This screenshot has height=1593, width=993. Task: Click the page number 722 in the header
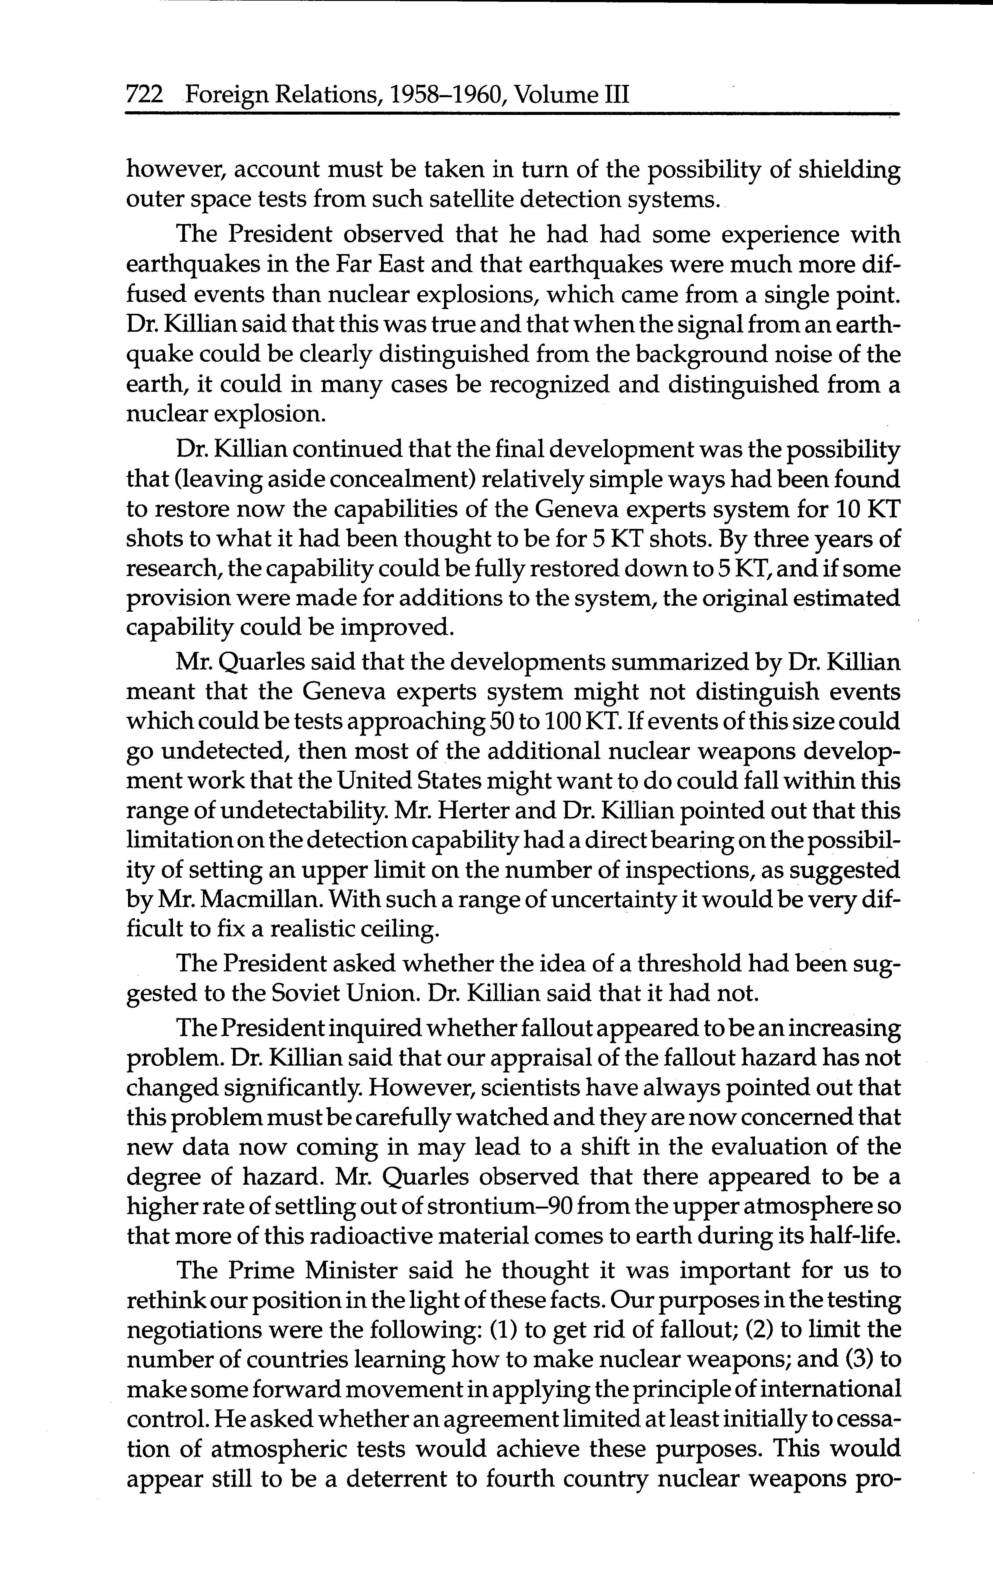pyautogui.click(x=144, y=96)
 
